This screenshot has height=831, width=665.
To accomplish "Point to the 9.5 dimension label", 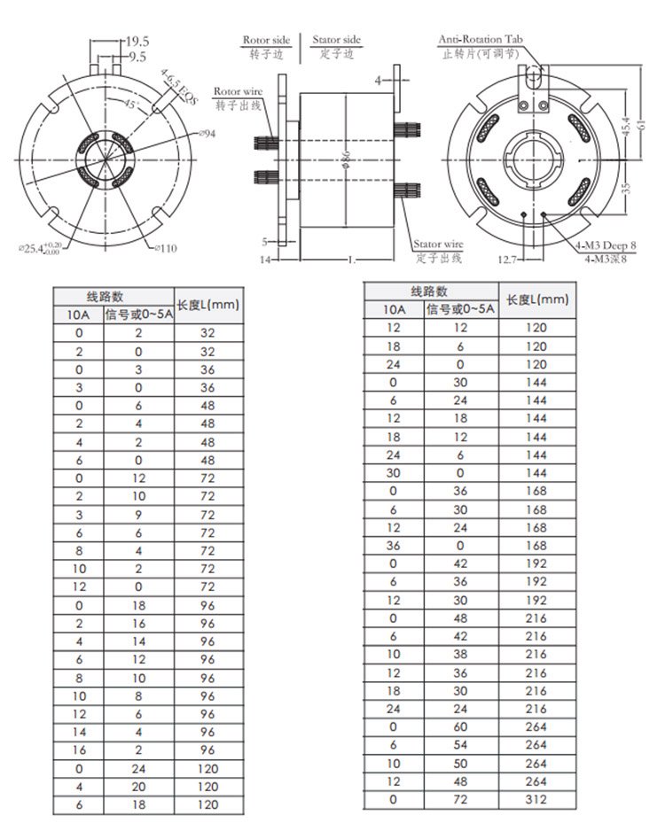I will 137,56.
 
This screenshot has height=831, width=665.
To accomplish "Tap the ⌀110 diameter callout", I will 164,249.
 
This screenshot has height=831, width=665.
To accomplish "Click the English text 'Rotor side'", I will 267,41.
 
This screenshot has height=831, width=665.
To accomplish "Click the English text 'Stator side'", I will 337,41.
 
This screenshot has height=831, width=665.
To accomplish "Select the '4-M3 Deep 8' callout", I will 606,247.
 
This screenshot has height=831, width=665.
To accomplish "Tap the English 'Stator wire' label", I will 439,244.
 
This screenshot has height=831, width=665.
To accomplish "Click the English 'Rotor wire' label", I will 237,91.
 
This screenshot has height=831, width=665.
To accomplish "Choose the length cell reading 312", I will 536,799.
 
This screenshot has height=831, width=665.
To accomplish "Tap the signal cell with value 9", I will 137,514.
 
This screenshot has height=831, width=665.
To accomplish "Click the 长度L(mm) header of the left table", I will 208,305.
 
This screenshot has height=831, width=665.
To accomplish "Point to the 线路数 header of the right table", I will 429,291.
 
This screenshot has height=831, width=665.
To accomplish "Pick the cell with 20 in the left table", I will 137,786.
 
